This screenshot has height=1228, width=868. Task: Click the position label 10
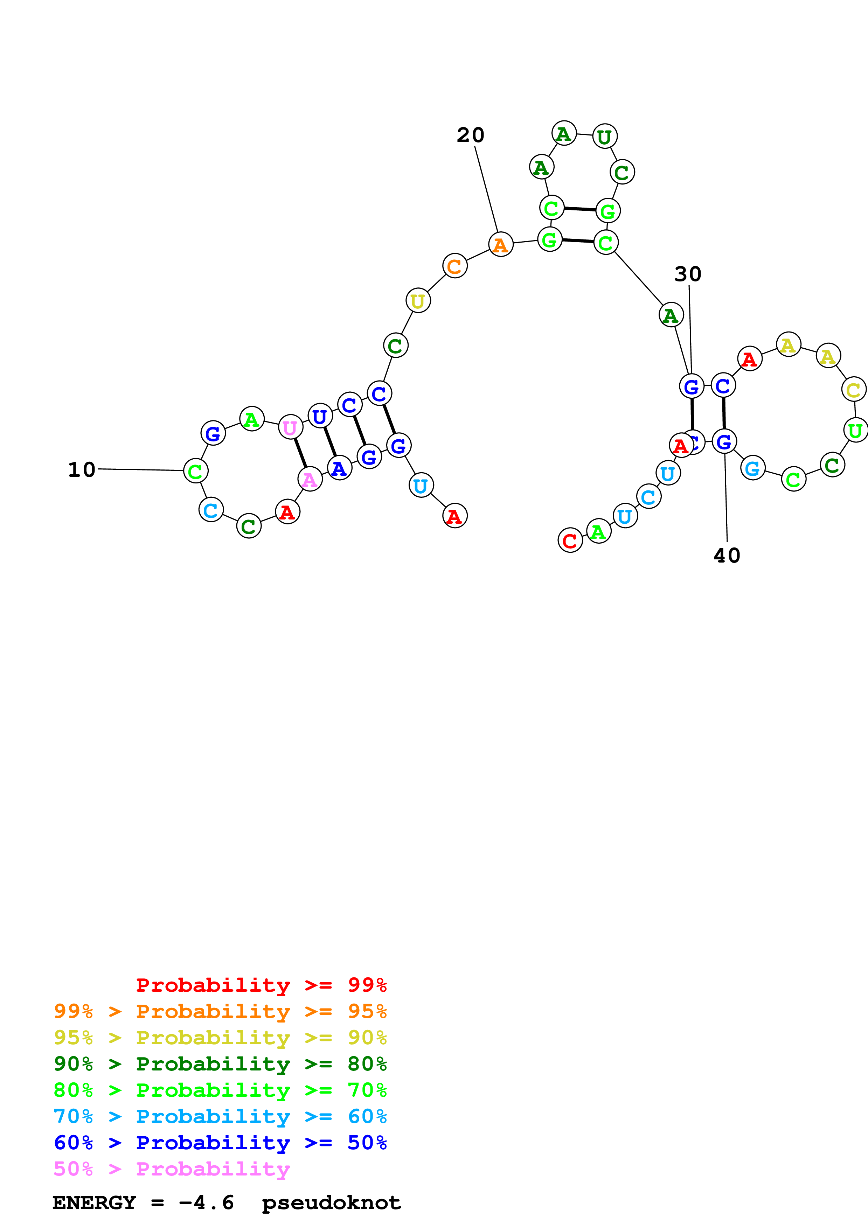pos(81,469)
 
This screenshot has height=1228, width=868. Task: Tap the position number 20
pos(470,135)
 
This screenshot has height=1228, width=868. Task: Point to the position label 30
pos(687,274)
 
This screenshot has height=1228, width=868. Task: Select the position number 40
pos(727,556)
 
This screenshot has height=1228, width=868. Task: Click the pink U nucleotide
pos(290,427)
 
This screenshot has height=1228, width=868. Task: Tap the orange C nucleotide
pos(454,266)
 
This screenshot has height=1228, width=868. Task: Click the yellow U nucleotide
pos(418,301)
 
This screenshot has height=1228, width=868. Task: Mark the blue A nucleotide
pos(339,468)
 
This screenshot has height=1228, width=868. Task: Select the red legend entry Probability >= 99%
pos(261,985)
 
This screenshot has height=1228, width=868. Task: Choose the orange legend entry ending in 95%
pos(220,1011)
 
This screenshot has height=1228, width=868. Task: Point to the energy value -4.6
pos(207,1203)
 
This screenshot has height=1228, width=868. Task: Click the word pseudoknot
pos(331,1203)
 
